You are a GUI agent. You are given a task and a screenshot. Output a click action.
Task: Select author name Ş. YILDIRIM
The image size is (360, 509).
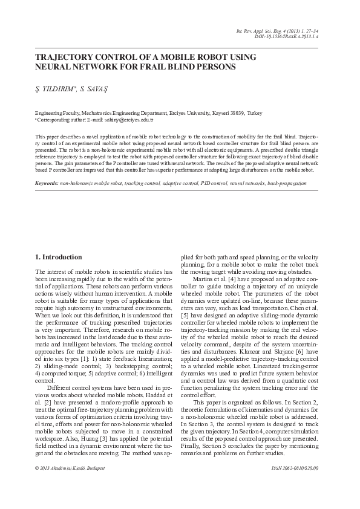pos(54,90)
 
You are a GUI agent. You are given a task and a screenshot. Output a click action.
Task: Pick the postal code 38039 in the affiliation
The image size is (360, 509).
pos(238,113)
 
